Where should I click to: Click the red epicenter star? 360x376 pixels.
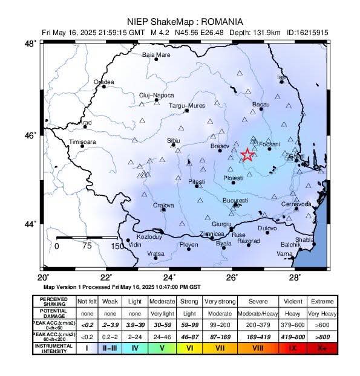pyautogui.click(x=247, y=155)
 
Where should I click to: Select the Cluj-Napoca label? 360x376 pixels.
pyautogui.click(x=156, y=96)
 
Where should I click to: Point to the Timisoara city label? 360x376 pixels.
pyautogui.click(x=83, y=141)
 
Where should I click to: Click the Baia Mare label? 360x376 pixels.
pyautogui.click(x=156, y=55)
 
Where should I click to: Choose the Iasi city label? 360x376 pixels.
pyautogui.click(x=281, y=77)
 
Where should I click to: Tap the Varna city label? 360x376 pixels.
pyautogui.click(x=284, y=254)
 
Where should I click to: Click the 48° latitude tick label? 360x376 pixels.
pyautogui.click(x=29, y=44)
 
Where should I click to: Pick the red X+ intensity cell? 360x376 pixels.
pyautogui.click(x=321, y=348)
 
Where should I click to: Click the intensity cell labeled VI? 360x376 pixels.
pyautogui.click(x=189, y=348)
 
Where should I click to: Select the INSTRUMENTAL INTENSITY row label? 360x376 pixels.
pyautogui.click(x=53, y=348)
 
